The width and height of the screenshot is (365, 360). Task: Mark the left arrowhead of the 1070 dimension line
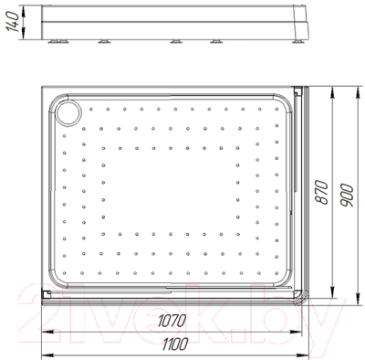point(47,329)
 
